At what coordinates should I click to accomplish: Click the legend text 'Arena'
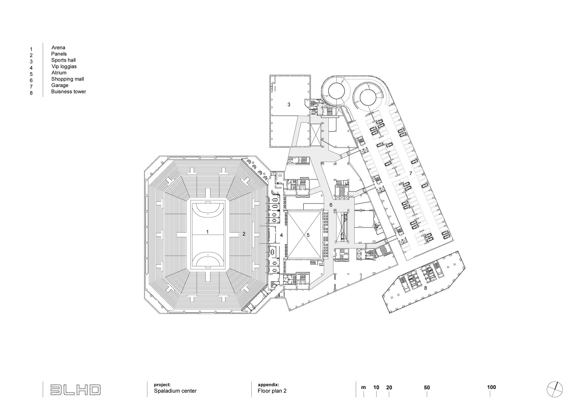click(x=58, y=47)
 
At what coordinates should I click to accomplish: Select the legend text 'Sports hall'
click(x=63, y=60)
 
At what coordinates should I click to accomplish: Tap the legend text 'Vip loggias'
click(x=64, y=66)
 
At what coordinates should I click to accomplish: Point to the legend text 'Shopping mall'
click(x=67, y=79)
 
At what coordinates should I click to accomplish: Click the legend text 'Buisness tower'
click(x=68, y=92)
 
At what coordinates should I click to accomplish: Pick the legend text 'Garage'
click(x=60, y=85)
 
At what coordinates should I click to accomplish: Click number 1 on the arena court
click(x=207, y=232)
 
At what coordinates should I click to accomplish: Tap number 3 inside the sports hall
click(x=289, y=105)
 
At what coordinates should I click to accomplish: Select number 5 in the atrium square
click(x=308, y=235)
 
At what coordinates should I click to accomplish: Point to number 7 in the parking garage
click(x=411, y=173)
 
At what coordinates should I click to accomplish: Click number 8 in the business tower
click(x=425, y=288)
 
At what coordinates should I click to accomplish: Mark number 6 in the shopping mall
click(x=331, y=205)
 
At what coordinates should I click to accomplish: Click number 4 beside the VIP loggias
click(x=281, y=235)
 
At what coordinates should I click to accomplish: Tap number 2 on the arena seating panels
click(x=244, y=234)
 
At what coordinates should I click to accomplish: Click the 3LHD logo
click(x=75, y=390)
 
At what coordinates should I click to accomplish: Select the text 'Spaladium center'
click(x=175, y=391)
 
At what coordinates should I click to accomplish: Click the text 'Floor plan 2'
click(x=272, y=391)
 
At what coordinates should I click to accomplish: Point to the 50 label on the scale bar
click(x=427, y=388)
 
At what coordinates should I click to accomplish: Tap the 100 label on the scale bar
click(x=491, y=387)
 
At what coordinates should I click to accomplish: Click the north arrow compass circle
click(x=555, y=389)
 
